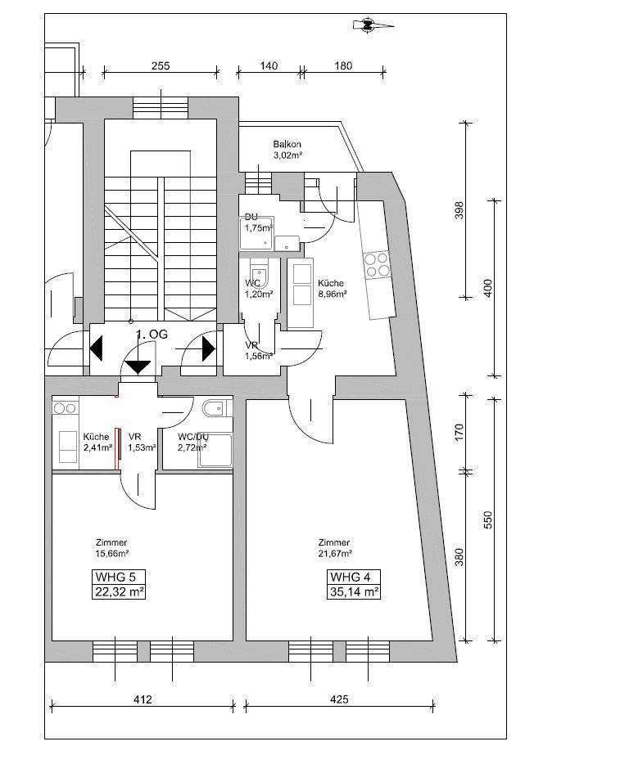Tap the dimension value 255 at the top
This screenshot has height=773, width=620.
click(161, 67)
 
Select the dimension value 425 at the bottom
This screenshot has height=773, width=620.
click(339, 699)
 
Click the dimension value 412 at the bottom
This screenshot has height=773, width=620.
click(143, 699)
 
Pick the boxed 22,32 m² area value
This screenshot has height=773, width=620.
click(120, 591)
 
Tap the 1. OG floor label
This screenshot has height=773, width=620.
click(152, 335)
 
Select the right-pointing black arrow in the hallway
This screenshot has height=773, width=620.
click(208, 348)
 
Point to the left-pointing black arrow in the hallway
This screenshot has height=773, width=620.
click(96, 348)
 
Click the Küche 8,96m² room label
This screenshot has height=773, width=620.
click(332, 287)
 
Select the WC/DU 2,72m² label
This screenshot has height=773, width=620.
click(192, 443)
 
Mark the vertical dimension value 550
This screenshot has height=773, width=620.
click(487, 519)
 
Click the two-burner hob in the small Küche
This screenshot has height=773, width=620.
click(65, 407)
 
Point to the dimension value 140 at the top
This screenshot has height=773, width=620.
click(268, 67)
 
